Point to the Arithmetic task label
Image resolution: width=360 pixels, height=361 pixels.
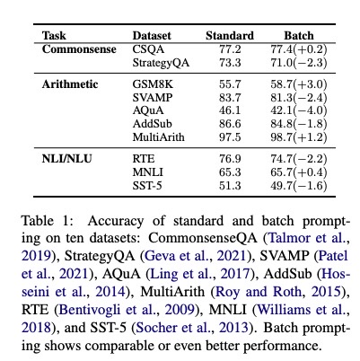[73, 82]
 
